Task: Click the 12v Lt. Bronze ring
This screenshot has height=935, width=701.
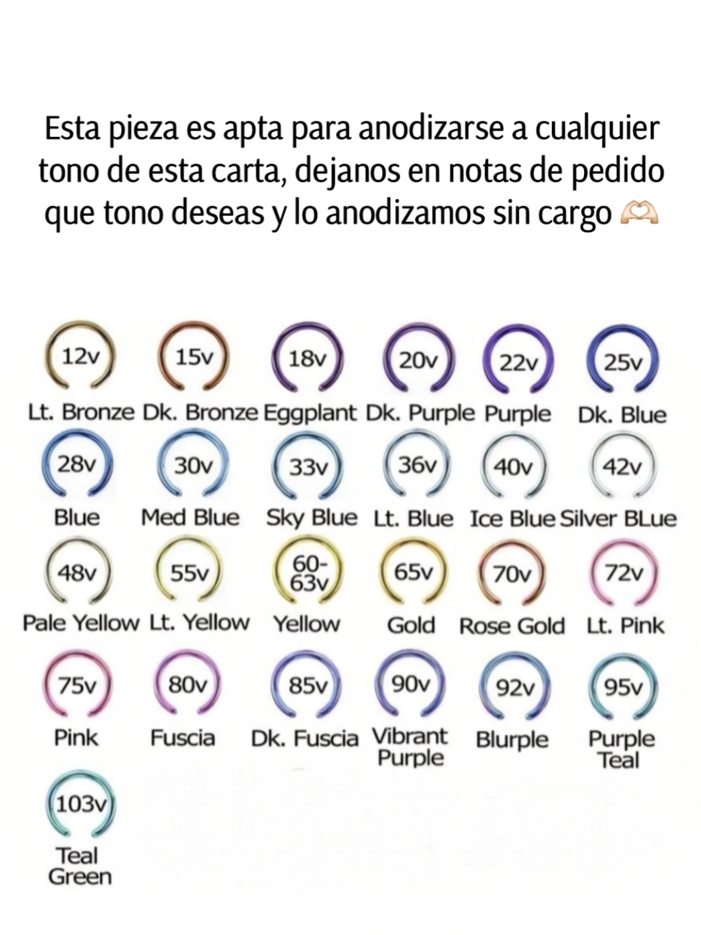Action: click(79, 357)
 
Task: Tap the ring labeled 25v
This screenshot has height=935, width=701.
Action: click(623, 361)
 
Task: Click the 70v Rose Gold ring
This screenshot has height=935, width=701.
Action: click(512, 574)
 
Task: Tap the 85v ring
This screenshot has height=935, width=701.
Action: click(307, 686)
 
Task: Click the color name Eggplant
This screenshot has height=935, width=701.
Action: click(310, 413)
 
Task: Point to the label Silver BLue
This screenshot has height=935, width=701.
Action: click(618, 519)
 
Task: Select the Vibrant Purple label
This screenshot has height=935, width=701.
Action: click(410, 747)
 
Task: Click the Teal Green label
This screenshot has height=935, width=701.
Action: click(79, 866)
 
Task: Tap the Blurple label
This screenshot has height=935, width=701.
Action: click(512, 740)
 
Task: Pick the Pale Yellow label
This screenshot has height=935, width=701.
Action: click(81, 624)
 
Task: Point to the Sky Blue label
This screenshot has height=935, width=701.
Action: click(311, 518)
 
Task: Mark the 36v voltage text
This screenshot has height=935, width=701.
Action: click(417, 465)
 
